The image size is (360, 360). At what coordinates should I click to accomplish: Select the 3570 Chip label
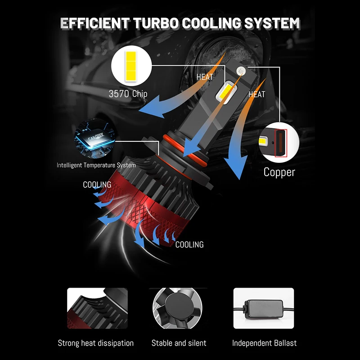128,94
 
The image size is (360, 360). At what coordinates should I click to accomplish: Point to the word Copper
279,172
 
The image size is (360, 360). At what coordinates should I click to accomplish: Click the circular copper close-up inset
279,143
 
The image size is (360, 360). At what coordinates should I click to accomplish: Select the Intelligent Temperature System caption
96,165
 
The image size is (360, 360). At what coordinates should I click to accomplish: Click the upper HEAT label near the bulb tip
205,77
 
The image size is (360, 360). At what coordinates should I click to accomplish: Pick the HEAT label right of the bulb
257,94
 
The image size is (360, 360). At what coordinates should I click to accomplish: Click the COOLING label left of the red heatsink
97,185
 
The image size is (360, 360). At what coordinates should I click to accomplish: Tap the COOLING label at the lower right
189,245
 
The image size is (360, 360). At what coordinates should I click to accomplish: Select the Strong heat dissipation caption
95,343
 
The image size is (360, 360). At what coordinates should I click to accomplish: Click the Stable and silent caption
179,343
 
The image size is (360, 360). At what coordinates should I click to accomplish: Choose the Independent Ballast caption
264,343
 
